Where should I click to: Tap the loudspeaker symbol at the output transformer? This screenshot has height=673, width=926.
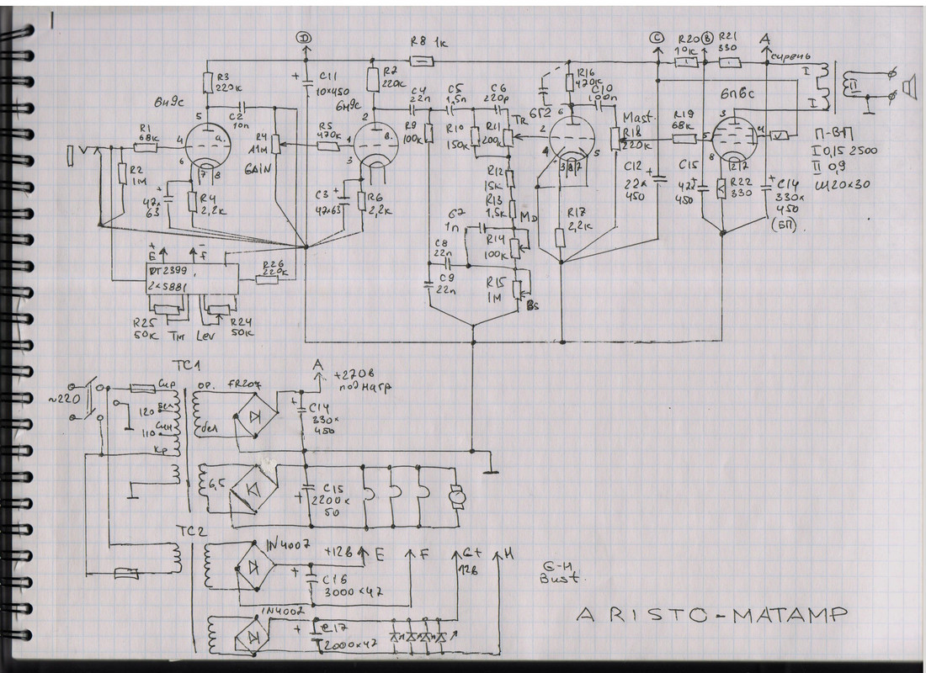click(907, 84)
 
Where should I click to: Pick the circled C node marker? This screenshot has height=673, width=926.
click(657, 38)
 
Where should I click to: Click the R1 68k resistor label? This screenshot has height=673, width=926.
click(149, 131)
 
